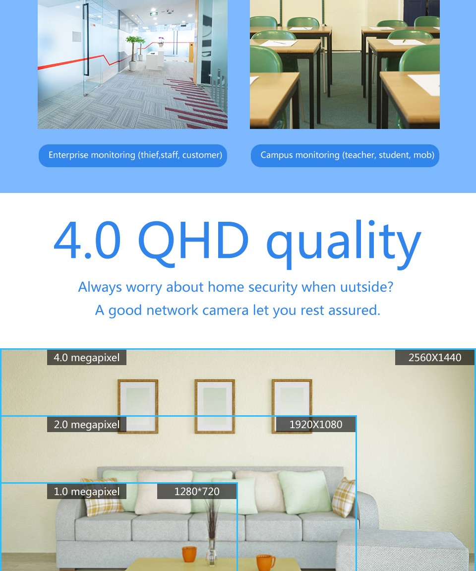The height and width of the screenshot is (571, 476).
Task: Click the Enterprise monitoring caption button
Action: [133, 155]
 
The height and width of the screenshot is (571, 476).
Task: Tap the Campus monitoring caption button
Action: [345, 155]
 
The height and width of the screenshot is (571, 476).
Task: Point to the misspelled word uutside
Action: [367, 287]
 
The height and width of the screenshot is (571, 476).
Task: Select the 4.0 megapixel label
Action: [87, 357]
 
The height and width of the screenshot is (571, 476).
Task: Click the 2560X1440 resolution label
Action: [435, 357]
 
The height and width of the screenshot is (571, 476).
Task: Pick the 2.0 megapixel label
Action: [87, 424]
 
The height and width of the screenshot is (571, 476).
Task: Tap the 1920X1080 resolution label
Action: [315, 424]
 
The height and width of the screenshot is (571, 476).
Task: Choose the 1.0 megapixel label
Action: [87, 491]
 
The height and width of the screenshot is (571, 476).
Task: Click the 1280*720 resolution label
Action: [197, 491]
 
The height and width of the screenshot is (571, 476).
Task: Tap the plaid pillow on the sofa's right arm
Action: [344, 497]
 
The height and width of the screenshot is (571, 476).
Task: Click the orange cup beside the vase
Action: [189, 554]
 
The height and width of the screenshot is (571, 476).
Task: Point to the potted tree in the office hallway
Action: [133, 53]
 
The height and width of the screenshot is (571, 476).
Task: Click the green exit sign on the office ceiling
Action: [154, 14]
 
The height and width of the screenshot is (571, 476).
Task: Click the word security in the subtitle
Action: [273, 287]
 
